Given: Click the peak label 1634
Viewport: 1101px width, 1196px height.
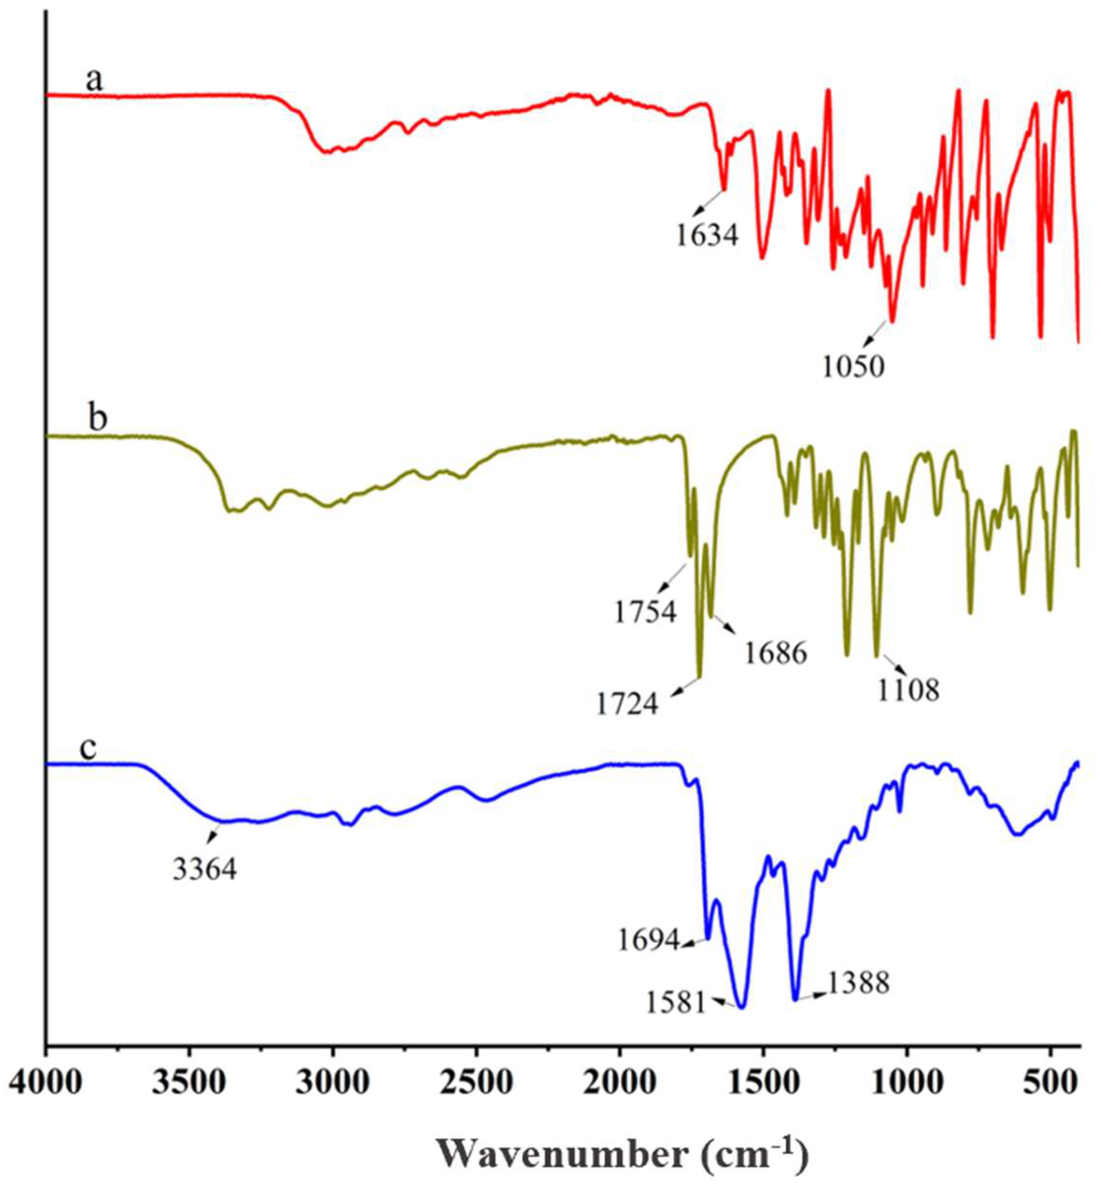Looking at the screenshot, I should pyautogui.click(x=707, y=235).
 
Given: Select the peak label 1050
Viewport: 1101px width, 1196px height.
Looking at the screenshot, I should pyautogui.click(x=853, y=368).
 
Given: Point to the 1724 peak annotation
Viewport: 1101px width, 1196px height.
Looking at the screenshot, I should pyautogui.click(x=628, y=705).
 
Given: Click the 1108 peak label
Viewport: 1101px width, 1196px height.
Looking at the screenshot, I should pyautogui.click(x=908, y=691).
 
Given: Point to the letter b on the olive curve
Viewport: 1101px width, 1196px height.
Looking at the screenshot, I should pyautogui.click(x=97, y=418).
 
